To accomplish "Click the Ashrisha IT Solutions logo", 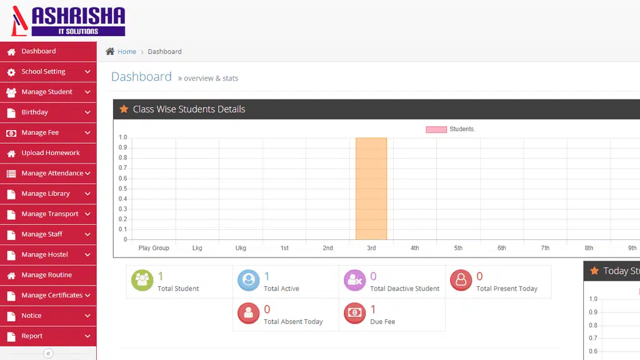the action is [x=68, y=21].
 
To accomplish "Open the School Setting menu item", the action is [x=48, y=72].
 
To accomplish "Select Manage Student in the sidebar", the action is [x=48, y=92].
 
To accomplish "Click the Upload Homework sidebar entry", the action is [x=48, y=153].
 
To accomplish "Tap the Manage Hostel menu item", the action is [x=48, y=255].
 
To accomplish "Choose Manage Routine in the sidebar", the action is [x=48, y=275].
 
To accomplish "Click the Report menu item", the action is [x=48, y=336].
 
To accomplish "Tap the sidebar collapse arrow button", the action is [x=48, y=354].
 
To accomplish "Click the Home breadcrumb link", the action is [x=127, y=51].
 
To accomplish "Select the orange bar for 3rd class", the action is [x=371, y=189].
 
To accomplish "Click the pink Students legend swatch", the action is [x=436, y=129].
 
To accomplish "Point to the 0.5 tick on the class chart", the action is [x=123, y=189].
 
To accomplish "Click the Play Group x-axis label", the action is [x=154, y=247].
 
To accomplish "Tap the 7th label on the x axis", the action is [x=545, y=247].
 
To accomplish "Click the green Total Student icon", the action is [x=142, y=281].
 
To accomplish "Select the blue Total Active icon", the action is [x=249, y=281].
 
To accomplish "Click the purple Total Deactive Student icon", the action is [x=355, y=281].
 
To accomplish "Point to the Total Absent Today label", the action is [x=293, y=322].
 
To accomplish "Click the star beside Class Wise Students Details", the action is [x=124, y=109].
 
